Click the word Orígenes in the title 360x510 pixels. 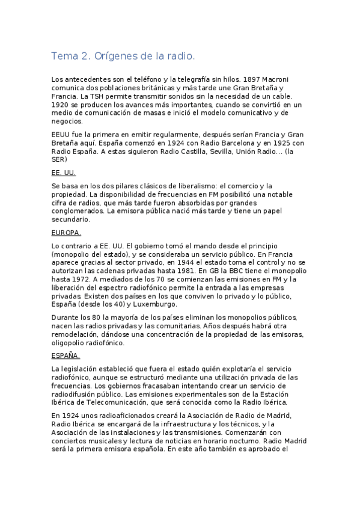117,57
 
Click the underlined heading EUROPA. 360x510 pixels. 66,233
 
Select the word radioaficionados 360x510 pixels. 114,415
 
